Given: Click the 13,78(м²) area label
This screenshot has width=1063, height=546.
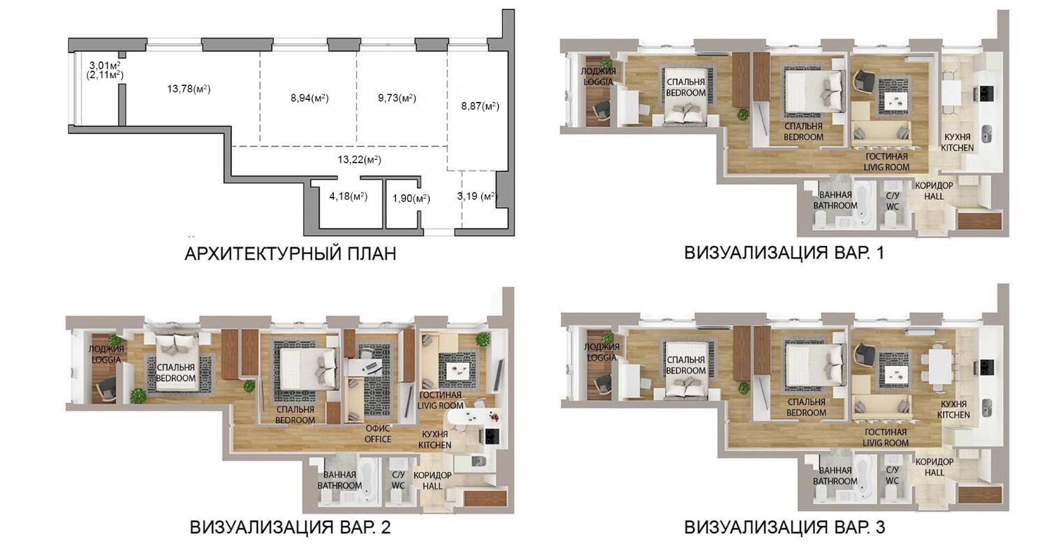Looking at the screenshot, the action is click(189, 89).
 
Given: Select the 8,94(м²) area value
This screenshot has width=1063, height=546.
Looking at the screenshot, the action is click(309, 98).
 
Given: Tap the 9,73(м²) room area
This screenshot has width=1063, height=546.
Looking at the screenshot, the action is click(397, 98).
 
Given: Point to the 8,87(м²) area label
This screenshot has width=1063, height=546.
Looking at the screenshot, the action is click(480, 106).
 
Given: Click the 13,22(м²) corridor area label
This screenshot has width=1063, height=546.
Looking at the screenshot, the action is click(359, 160).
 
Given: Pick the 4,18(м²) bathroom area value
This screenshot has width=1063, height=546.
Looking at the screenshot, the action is click(349, 196).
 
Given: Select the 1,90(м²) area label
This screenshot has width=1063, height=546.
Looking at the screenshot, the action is click(411, 199).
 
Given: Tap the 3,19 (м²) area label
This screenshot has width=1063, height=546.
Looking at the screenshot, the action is click(477, 196).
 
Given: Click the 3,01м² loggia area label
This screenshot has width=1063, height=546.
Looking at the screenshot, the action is click(105, 65).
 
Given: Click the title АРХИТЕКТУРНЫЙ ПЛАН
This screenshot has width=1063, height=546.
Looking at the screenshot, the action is click(290, 253).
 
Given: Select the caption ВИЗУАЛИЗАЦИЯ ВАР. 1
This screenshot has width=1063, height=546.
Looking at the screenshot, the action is click(784, 253).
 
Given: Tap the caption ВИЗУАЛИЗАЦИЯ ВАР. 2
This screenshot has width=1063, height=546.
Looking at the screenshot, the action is click(290, 527).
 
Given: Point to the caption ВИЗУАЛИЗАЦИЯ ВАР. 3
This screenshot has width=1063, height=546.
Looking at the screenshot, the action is click(784, 527).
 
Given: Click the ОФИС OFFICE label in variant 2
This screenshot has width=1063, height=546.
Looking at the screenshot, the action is click(378, 434).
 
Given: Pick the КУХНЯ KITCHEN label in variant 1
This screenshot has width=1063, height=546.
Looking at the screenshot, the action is click(957, 142).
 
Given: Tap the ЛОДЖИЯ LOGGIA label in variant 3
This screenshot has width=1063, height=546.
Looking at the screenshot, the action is click(602, 352).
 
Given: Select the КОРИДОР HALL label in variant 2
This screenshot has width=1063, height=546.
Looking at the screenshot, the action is click(432, 480).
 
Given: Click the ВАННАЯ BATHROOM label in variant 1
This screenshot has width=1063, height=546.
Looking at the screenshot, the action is click(835, 200).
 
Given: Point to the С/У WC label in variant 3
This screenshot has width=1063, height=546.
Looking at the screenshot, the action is click(892, 475).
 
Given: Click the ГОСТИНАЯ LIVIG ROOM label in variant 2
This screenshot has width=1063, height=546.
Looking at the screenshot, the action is click(441, 400).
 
